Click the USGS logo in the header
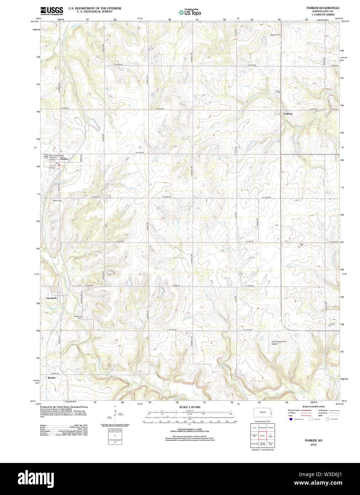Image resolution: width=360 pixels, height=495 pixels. coord(52,11)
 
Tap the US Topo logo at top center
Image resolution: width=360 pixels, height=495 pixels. coord(190,12)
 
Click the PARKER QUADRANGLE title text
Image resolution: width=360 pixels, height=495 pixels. coord(323,8)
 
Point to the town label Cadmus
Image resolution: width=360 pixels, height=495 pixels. coord(288,114)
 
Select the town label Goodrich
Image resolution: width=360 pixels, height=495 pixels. coord(51,298)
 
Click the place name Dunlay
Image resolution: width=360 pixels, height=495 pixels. coord(52,377)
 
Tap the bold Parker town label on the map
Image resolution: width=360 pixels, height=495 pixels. coord(64,159)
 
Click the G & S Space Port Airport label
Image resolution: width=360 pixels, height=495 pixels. coord(279,343)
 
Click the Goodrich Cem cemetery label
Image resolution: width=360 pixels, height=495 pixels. coord(78,317)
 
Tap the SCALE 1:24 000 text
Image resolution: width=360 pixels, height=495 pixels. coord(189,407)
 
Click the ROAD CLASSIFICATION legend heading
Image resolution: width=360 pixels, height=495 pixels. coord(313,407)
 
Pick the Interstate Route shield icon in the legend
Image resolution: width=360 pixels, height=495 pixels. coord(291,419)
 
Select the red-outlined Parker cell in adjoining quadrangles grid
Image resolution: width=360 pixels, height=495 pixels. coord(262,436)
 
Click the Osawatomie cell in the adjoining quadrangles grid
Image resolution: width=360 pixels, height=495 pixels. coord(262,427)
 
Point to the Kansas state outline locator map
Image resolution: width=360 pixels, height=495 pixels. coord(262,413)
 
